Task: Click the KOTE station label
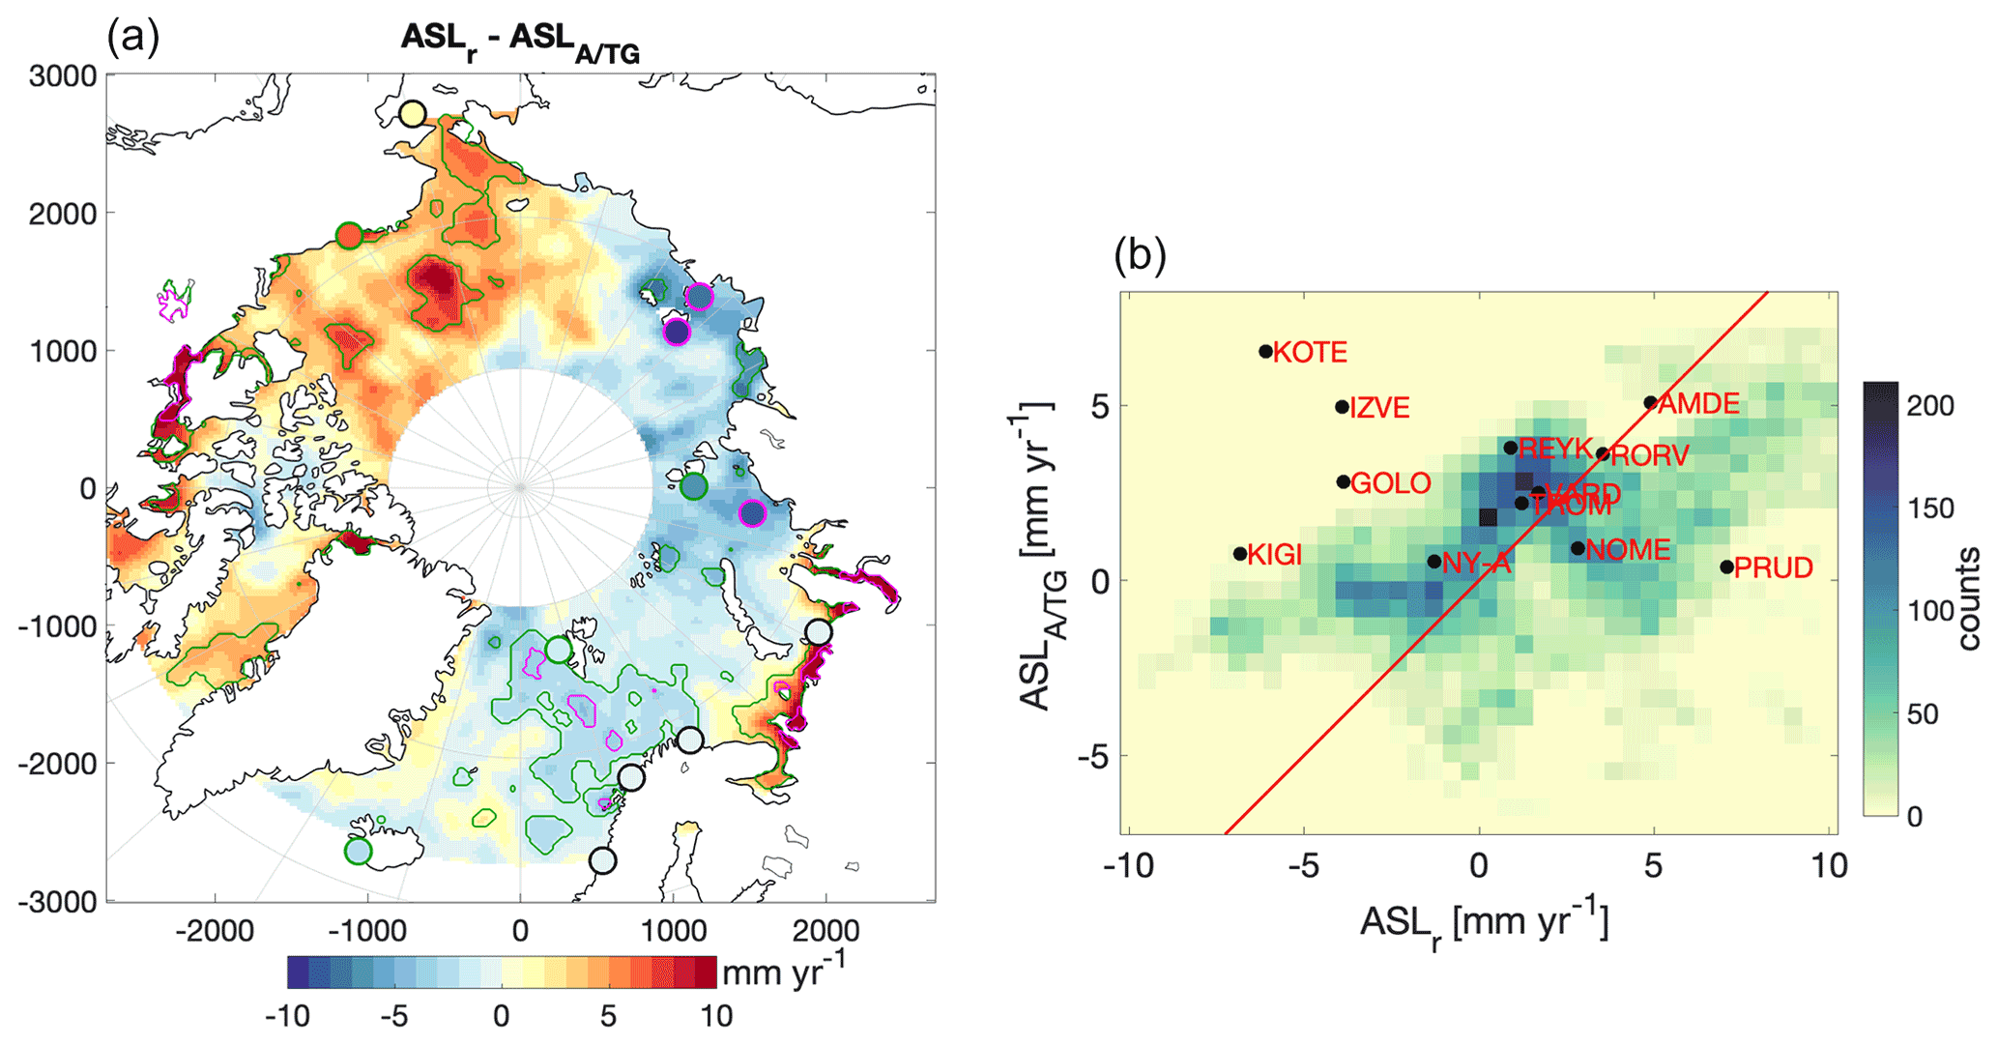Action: pos(1310,353)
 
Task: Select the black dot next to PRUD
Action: pos(1726,567)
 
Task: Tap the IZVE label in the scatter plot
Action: pos(1379,408)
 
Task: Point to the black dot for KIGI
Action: pos(1240,554)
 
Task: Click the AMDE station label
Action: pos(1698,404)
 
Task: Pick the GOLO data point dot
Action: pos(1344,481)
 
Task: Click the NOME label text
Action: pos(1628,550)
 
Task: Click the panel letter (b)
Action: pos(1140,255)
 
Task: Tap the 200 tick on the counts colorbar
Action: pos(1930,406)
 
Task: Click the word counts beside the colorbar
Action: pos(1968,599)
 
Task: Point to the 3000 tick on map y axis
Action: pos(63,76)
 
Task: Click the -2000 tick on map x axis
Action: pos(215,931)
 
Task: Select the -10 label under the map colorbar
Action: pos(287,1017)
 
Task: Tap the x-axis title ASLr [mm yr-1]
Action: pos(1484,924)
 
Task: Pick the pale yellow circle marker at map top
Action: pos(413,114)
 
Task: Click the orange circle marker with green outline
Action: pos(349,235)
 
